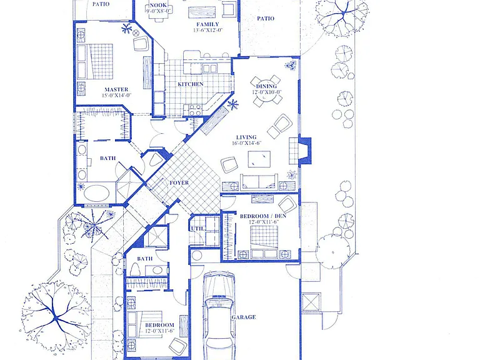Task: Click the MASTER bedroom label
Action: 116,89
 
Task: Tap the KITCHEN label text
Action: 191,84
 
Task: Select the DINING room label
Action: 266,86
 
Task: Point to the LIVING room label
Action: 246,137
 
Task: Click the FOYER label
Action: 179,182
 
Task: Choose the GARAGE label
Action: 243,317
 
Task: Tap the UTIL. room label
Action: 197,229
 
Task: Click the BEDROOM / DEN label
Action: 263,216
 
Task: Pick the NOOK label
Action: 158,5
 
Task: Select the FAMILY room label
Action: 207,24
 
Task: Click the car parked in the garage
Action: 219,315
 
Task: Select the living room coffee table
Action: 259,159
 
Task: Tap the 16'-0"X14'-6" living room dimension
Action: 246,143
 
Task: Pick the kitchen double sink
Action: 209,68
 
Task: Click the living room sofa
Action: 259,182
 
